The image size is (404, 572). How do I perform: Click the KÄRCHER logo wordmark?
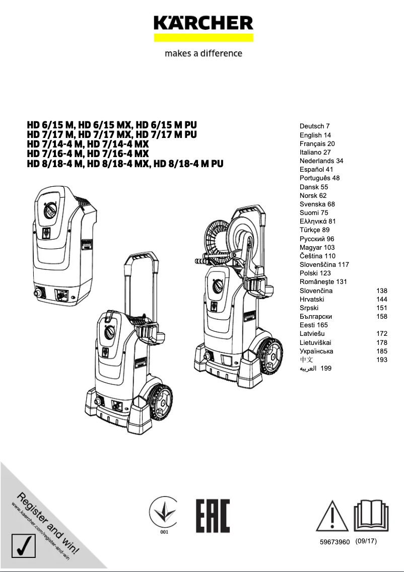click(203, 23)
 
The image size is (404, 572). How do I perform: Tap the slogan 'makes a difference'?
click(203, 53)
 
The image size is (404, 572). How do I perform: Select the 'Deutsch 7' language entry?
click(315, 126)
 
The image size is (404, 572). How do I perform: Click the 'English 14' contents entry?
click(315, 135)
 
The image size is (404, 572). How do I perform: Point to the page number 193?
click(381, 360)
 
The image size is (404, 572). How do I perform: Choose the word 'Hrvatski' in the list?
click(312, 299)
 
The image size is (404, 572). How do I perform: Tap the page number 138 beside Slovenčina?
click(381, 291)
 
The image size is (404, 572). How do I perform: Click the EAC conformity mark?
click(213, 516)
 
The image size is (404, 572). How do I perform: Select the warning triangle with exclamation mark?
click(332, 516)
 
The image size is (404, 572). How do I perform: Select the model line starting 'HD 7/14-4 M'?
click(88, 144)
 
